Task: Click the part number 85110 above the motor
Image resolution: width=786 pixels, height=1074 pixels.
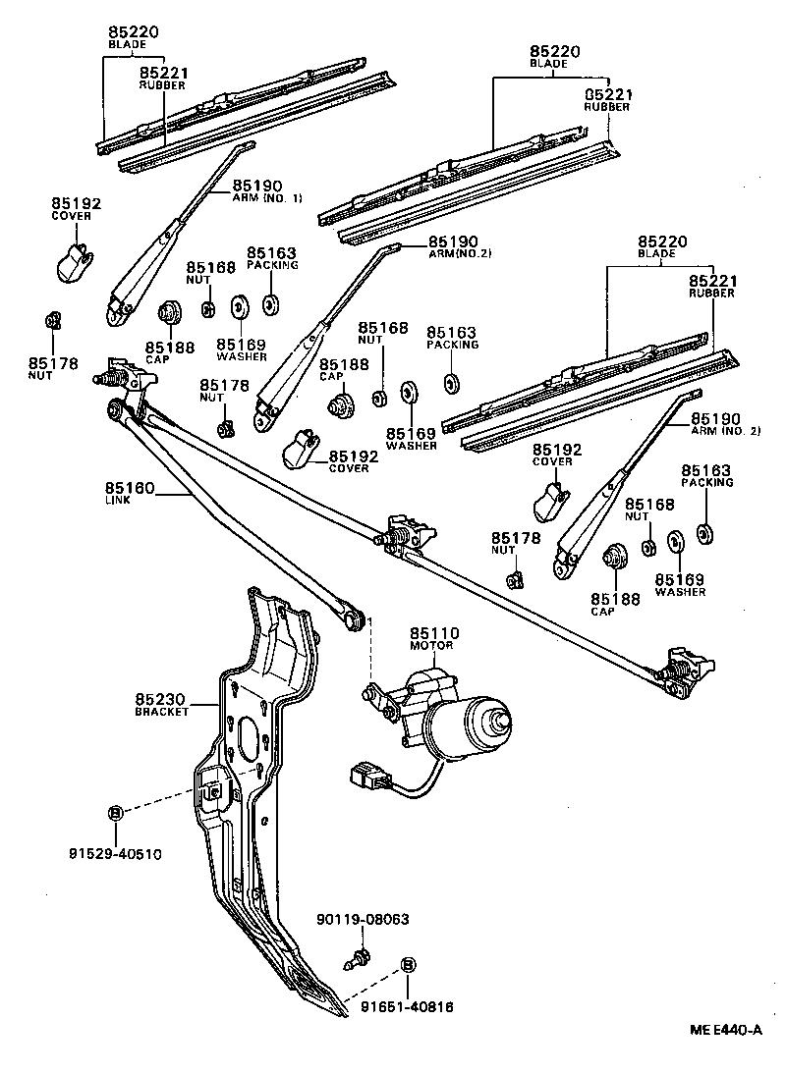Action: point(434,633)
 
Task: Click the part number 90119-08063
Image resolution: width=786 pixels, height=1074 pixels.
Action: point(363,920)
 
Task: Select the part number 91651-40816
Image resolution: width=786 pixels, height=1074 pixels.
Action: point(406,1006)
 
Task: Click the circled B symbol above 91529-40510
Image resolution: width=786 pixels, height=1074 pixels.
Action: point(114,812)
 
